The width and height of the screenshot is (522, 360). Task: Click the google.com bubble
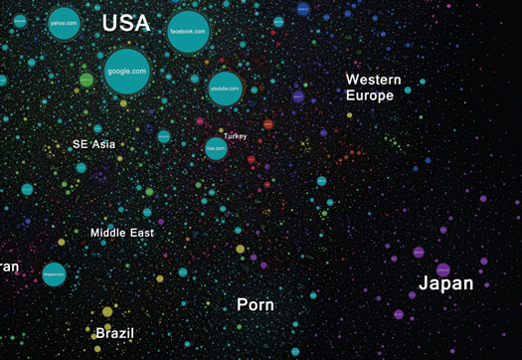(126, 71)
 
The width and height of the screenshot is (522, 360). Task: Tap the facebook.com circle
(188, 32)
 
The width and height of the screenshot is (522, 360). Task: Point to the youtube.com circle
(225, 89)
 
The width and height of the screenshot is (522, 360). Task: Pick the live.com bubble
(216, 148)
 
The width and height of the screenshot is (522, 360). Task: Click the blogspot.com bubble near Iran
(54, 274)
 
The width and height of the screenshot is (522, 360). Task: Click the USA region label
(126, 23)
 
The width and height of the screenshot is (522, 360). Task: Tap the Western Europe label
(374, 88)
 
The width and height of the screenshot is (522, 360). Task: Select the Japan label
(445, 283)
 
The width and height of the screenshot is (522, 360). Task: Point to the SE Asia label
(94, 144)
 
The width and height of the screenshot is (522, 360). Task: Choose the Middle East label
(122, 233)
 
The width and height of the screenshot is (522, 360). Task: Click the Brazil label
(114, 333)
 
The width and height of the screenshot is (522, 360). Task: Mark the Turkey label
(236, 135)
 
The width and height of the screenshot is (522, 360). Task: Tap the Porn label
(256, 304)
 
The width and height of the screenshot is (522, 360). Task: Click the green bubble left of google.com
(87, 79)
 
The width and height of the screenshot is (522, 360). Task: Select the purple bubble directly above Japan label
(443, 269)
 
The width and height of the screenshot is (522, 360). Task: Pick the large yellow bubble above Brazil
(107, 312)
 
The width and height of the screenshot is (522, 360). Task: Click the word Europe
(370, 96)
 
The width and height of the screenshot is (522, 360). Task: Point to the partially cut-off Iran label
(9, 266)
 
